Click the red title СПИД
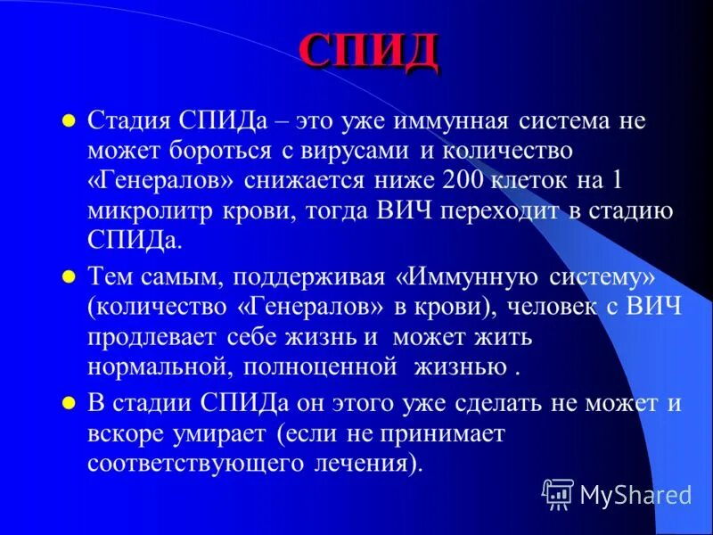point(367,53)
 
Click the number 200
point(463,182)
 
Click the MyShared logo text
point(635,492)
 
